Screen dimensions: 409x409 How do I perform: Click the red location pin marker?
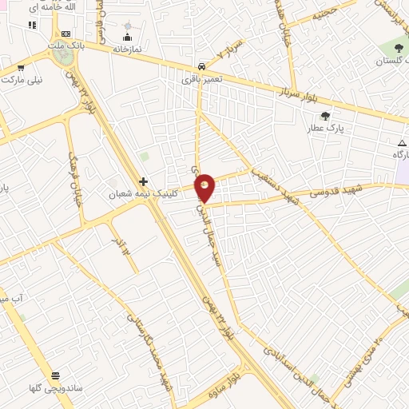tap(205, 187)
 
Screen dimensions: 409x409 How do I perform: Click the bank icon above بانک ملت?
tap(66, 34)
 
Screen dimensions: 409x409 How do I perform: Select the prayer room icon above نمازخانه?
tap(127, 36)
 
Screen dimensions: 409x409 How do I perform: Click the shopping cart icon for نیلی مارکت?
tap(21, 68)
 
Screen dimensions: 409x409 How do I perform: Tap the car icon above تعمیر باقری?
tap(201, 66)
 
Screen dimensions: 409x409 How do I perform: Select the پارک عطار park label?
tap(326, 127)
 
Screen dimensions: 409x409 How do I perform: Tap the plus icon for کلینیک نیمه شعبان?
tap(144, 181)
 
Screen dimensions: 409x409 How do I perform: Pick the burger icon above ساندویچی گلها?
tap(55, 375)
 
